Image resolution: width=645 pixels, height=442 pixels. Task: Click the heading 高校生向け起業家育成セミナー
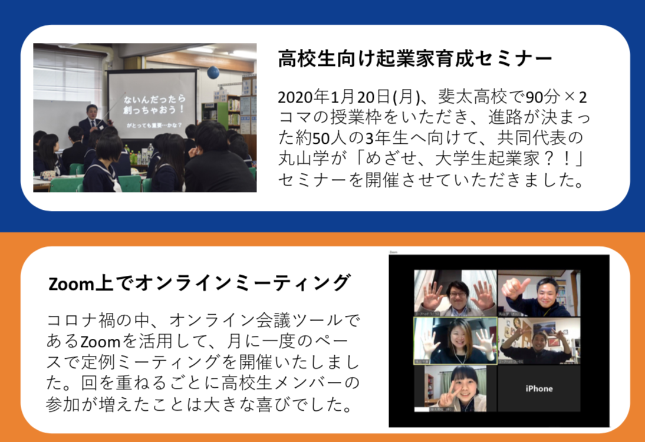[414, 59]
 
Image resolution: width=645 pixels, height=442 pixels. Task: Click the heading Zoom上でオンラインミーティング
[199, 283]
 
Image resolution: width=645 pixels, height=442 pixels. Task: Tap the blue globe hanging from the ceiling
[213, 72]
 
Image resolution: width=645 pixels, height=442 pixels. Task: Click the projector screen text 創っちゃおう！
[154, 110]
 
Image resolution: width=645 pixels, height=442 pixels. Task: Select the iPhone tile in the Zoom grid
[539, 388]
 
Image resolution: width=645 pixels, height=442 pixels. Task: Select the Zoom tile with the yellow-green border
[455, 341]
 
